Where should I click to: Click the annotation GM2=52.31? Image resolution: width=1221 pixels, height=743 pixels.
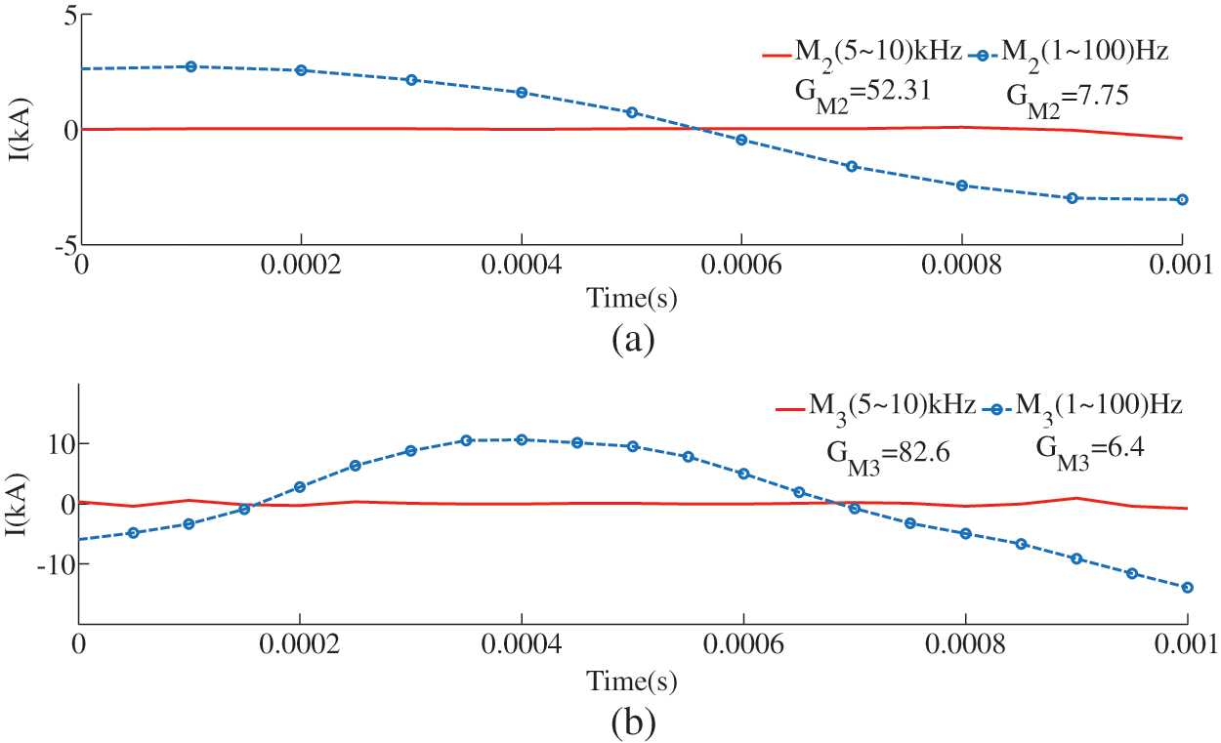pyautogui.click(x=860, y=91)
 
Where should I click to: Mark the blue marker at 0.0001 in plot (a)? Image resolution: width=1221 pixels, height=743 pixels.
pyautogui.click(x=191, y=66)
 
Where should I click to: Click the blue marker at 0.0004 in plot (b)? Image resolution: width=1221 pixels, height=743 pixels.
pyautogui.click(x=522, y=439)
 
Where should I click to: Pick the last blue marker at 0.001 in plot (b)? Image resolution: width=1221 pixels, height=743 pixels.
pyautogui.click(x=1188, y=588)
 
